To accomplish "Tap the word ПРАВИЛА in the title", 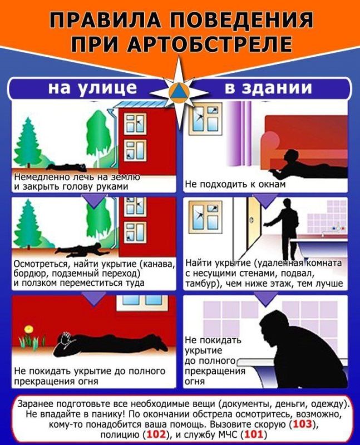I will (102, 21).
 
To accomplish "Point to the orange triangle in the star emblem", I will (180, 91).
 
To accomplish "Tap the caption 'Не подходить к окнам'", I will (235, 184).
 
